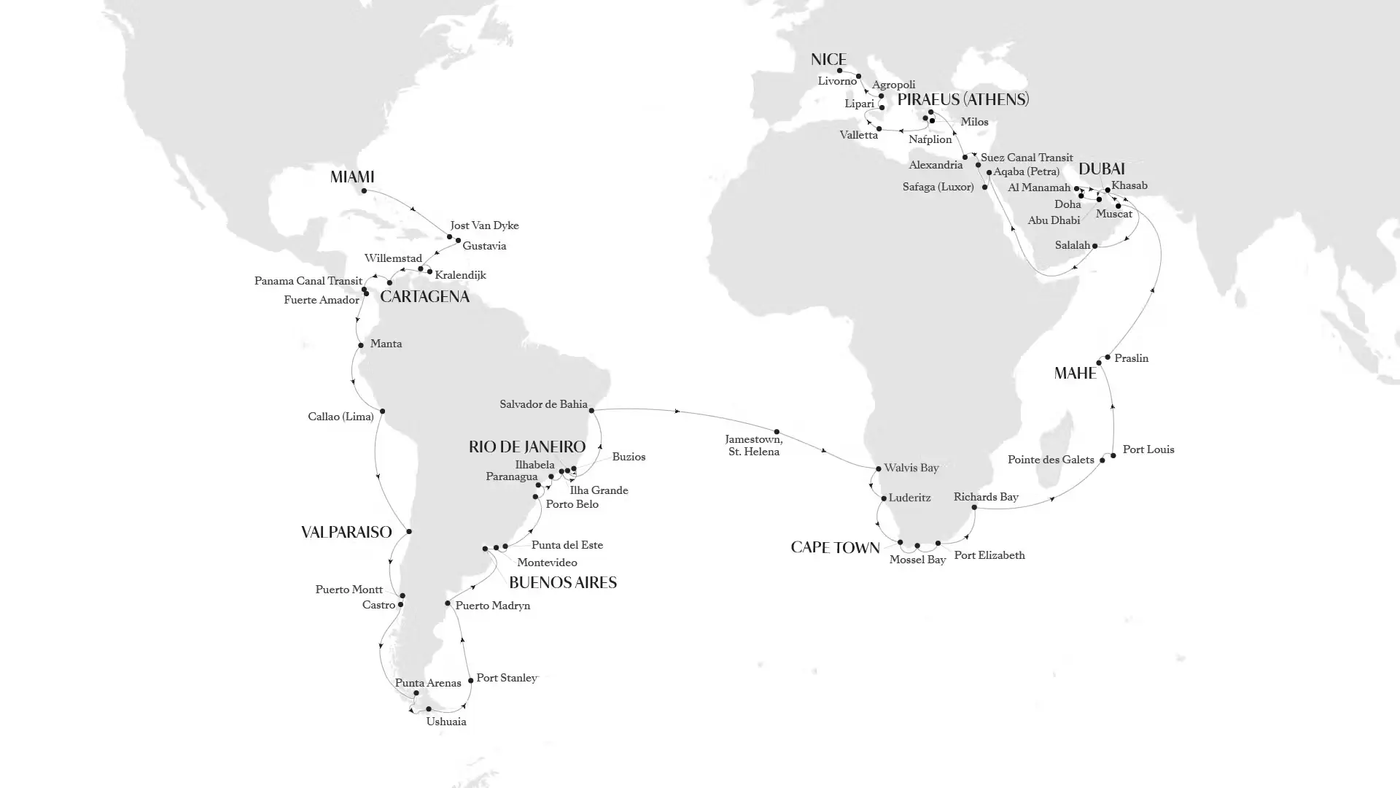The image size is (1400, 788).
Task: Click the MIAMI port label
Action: [351, 177]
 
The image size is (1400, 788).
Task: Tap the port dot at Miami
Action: [364, 191]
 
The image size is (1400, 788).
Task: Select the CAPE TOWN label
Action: [835, 548]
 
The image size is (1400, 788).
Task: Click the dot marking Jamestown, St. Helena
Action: [777, 432]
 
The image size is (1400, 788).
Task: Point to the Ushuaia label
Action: [446, 722]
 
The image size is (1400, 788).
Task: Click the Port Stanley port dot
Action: [470, 681]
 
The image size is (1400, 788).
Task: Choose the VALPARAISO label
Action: [346, 533]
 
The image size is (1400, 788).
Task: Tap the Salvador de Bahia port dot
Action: [591, 411]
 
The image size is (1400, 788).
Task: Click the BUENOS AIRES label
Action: [562, 582]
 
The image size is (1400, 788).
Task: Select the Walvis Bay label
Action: [911, 468]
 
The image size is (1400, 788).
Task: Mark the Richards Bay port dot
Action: [974, 507]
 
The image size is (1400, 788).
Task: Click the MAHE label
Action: [1075, 374]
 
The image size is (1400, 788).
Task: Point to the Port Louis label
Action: [1148, 449]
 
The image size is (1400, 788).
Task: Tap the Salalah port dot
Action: [1095, 246]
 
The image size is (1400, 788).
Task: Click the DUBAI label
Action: [1101, 169]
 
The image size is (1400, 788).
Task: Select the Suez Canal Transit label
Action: [1026, 158]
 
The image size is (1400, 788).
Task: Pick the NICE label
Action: [828, 59]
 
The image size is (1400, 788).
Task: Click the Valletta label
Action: [858, 135]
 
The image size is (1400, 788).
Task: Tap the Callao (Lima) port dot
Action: [382, 412]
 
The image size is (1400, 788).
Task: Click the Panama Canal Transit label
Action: [308, 281]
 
